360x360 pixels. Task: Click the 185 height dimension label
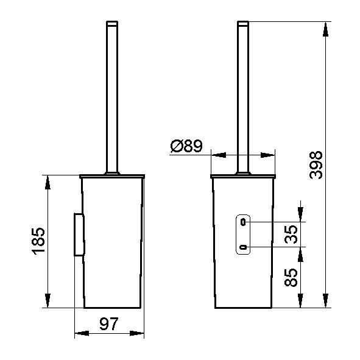tap(38, 241)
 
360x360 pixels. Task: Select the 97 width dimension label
tap(109, 323)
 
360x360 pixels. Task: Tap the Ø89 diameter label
tap(186, 146)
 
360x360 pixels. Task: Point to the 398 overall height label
tap(316, 165)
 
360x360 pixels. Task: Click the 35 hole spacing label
tap(291, 234)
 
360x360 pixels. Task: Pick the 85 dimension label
tap(291, 277)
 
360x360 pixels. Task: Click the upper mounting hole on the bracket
tap(243, 222)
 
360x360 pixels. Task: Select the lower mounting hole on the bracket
tap(243, 247)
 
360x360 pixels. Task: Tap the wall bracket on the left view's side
tap(79, 235)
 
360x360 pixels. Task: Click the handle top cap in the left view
tap(112, 23)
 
